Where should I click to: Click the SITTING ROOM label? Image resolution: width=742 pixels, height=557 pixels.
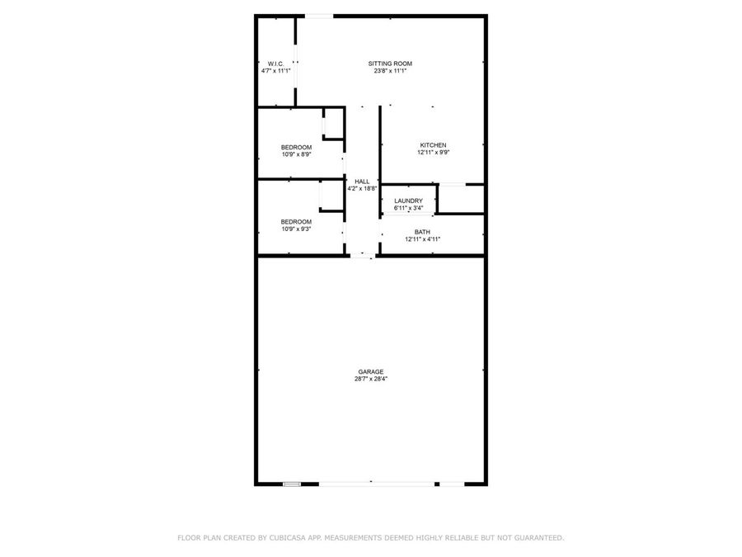(390, 64)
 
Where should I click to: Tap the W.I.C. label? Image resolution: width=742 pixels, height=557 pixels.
(275, 64)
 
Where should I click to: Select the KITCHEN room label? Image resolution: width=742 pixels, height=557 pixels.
(433, 145)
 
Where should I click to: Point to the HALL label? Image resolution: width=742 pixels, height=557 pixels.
(362, 181)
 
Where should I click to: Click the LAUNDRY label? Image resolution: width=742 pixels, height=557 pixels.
(408, 201)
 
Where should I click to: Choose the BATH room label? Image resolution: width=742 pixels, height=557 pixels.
(422, 232)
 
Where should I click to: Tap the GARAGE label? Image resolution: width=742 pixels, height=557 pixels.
(371, 371)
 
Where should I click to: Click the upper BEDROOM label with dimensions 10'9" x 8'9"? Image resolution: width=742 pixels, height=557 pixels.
(296, 147)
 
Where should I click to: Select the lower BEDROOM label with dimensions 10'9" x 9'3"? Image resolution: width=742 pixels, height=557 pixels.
(296, 221)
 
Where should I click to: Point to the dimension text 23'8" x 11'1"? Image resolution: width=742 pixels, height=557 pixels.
(390, 71)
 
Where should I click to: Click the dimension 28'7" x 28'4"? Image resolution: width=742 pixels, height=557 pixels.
(371, 379)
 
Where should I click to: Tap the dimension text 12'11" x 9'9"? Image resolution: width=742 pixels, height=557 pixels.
(433, 153)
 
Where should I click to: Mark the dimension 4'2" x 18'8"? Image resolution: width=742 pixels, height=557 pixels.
(362, 188)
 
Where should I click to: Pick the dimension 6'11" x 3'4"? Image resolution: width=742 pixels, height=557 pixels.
(408, 208)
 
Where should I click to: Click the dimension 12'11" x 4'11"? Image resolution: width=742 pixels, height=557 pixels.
(422, 239)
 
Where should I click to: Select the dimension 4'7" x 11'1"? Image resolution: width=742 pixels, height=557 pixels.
(275, 71)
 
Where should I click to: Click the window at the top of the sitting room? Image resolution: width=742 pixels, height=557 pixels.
(320, 15)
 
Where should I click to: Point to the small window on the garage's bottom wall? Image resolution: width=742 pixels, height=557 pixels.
(292, 484)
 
